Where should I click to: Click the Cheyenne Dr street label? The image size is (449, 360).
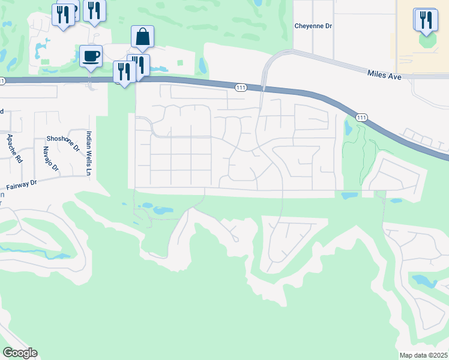tap(313, 26)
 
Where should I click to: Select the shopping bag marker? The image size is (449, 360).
tap(142, 37)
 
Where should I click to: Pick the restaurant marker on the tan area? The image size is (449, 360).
tap(426, 19)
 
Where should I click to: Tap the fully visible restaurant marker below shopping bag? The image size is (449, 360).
tap(124, 72)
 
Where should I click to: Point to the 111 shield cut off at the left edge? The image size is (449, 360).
tap(2, 81)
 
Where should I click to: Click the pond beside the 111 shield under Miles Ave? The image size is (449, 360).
tap(348, 127)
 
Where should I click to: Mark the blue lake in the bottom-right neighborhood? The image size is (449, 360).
tap(424, 280)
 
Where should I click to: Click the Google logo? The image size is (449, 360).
tap(20, 353)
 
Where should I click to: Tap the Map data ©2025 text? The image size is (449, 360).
tap(423, 355)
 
